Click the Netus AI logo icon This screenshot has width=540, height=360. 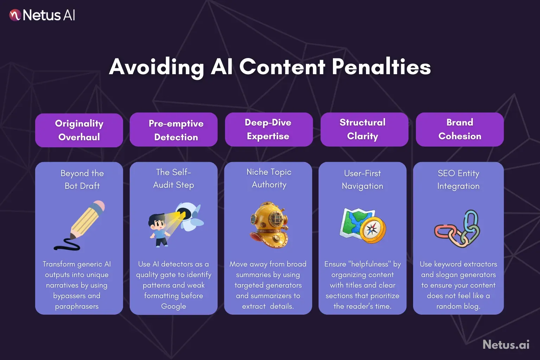pyautogui.click(x=15, y=15)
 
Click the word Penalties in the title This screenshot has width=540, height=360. pyautogui.click(x=381, y=67)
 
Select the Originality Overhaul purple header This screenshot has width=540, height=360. pyautogui.click(x=79, y=130)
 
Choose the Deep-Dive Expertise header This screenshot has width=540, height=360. pyautogui.click(x=268, y=129)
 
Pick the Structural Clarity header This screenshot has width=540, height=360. pyautogui.click(x=363, y=129)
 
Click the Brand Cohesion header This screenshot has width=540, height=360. pyautogui.click(x=459, y=129)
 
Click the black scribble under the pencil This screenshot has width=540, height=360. pyautogui.click(x=67, y=245)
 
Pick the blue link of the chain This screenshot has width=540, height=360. pyautogui.click(x=471, y=221)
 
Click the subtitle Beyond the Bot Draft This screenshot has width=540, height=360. pyautogui.click(x=82, y=179)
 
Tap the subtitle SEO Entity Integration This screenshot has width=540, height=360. pyautogui.click(x=458, y=179)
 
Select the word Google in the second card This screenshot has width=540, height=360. pyautogui.click(x=173, y=306)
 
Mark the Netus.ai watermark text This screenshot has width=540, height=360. pyautogui.click(x=506, y=345)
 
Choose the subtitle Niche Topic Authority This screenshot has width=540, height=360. pyautogui.click(x=269, y=178)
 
